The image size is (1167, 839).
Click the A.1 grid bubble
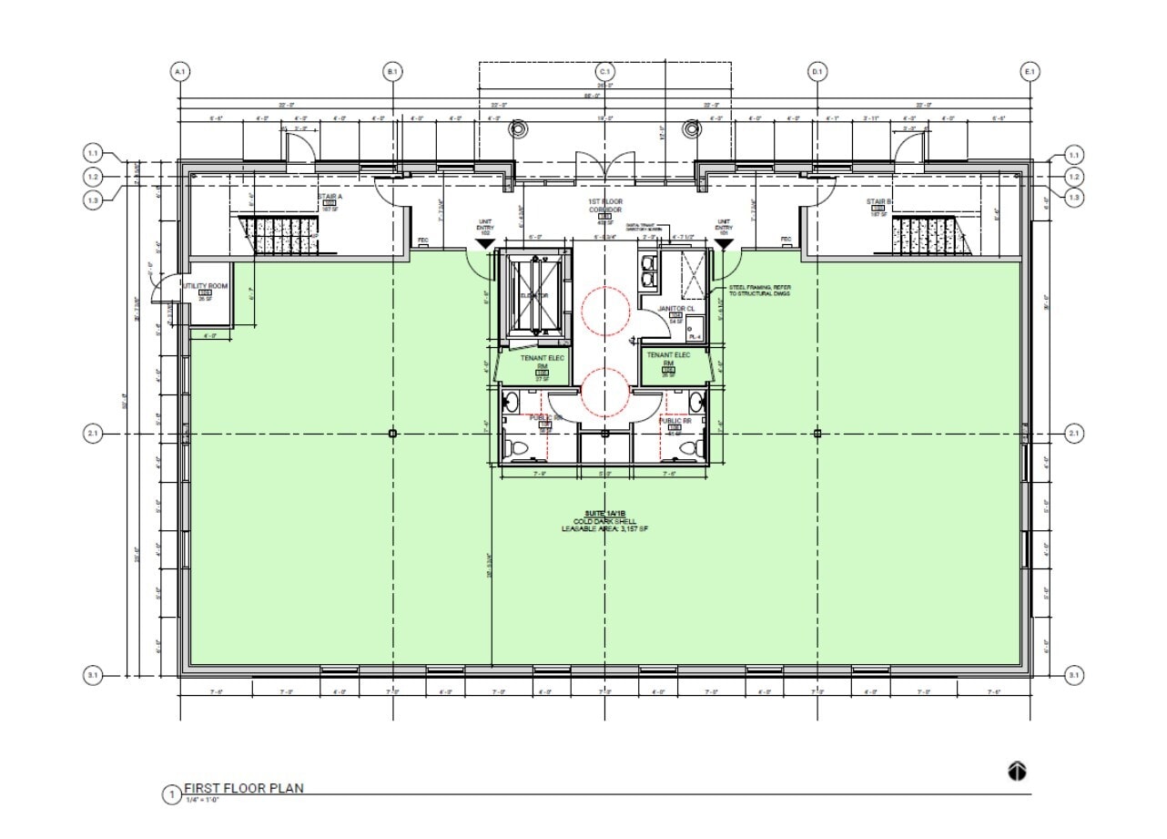pos(179,71)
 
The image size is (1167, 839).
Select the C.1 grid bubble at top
pos(604,71)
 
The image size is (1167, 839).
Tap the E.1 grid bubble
pos(1030,71)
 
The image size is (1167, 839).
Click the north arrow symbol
pos(1018,772)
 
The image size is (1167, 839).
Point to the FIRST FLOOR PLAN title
pos(244,789)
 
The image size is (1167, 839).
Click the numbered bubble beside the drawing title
pos(170,795)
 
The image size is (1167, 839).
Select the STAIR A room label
pos(329,195)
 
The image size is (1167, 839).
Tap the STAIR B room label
pos(878,201)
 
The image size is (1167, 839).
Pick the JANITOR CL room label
pos(676,309)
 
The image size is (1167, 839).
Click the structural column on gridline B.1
pos(392,434)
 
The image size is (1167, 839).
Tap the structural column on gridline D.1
pos(817,434)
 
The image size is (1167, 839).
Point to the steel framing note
pos(759,291)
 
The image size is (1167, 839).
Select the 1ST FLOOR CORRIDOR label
pos(604,204)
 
